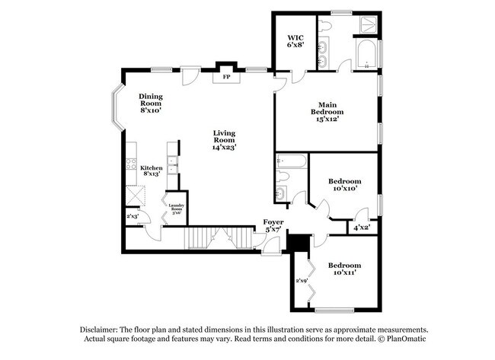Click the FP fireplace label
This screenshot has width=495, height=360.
point(225,77)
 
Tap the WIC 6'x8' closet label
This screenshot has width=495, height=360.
point(295,41)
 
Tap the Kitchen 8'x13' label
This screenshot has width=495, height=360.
point(150,170)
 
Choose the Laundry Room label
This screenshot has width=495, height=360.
point(177,208)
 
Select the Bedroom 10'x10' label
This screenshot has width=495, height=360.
point(343,185)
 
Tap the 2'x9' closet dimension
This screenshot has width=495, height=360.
point(302,280)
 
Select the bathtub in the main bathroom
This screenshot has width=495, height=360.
point(366,57)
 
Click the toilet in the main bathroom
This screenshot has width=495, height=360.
point(323,27)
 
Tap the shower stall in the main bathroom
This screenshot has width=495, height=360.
point(367,24)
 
